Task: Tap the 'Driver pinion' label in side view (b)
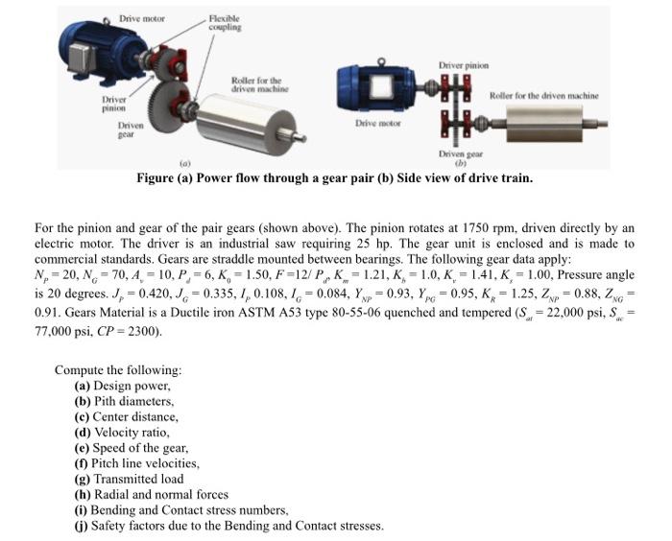[464, 65]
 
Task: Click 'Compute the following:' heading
[118, 370]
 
